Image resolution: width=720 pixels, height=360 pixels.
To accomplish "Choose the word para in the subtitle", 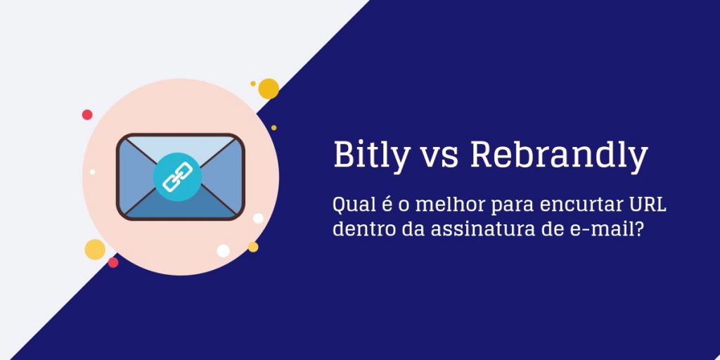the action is coord(513,207).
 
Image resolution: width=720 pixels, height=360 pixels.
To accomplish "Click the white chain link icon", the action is coord(177,176).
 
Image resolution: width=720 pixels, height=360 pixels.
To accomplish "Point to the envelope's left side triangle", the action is coord(136,176).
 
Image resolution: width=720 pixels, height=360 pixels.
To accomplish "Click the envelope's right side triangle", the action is coord(225,176).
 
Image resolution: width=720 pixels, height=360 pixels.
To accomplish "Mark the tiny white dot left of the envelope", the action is coord(92,172).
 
